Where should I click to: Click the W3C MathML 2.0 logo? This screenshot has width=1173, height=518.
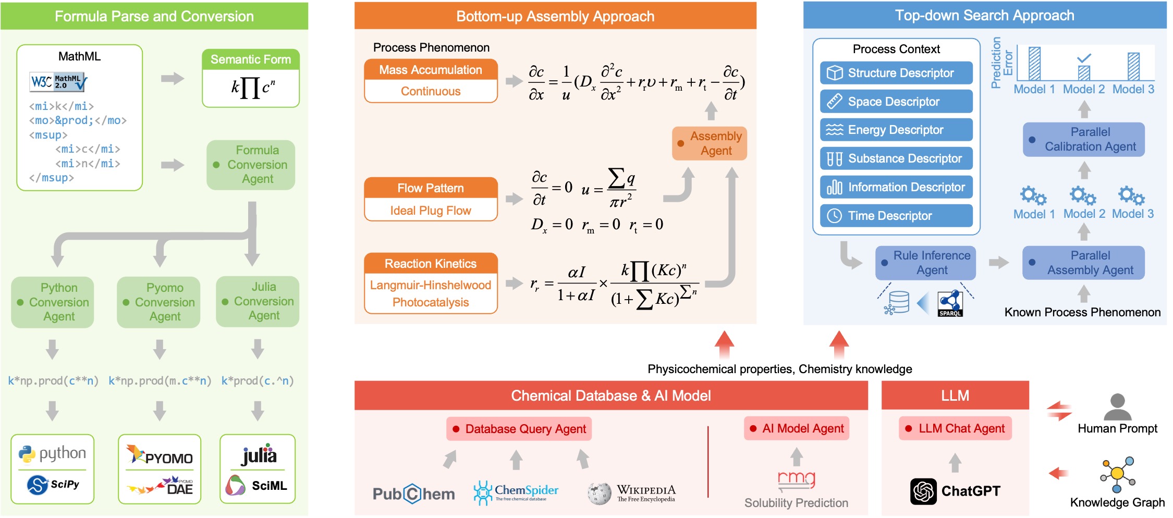[x=58, y=82]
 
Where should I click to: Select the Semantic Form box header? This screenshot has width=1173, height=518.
[x=250, y=59]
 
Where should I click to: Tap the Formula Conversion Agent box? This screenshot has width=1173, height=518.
[x=251, y=165]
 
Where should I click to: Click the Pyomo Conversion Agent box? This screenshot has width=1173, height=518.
[x=158, y=302]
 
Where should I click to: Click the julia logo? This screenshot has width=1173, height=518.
[x=259, y=454]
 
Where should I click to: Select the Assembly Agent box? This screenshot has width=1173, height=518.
[x=710, y=143]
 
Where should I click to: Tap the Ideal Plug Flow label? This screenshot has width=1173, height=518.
[x=431, y=211]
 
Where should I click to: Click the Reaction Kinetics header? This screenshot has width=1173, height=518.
[x=431, y=264]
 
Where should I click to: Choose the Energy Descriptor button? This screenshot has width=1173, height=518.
[x=896, y=130]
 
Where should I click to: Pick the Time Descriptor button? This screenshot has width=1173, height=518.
[x=896, y=216]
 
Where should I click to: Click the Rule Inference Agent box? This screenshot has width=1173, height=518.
[x=925, y=263]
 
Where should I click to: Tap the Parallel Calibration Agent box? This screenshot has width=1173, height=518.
[x=1084, y=140]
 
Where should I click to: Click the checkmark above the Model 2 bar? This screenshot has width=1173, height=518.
[x=1084, y=58]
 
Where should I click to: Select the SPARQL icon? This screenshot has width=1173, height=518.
[x=950, y=304]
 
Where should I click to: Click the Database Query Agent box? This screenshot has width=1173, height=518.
[x=519, y=429]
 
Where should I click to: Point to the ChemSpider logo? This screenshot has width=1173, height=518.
[x=516, y=492]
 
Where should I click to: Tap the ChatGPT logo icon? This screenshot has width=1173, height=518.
[x=923, y=491]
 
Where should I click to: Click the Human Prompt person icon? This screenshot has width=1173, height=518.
[x=1118, y=407]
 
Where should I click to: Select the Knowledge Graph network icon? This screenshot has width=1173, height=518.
[x=1117, y=474]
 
